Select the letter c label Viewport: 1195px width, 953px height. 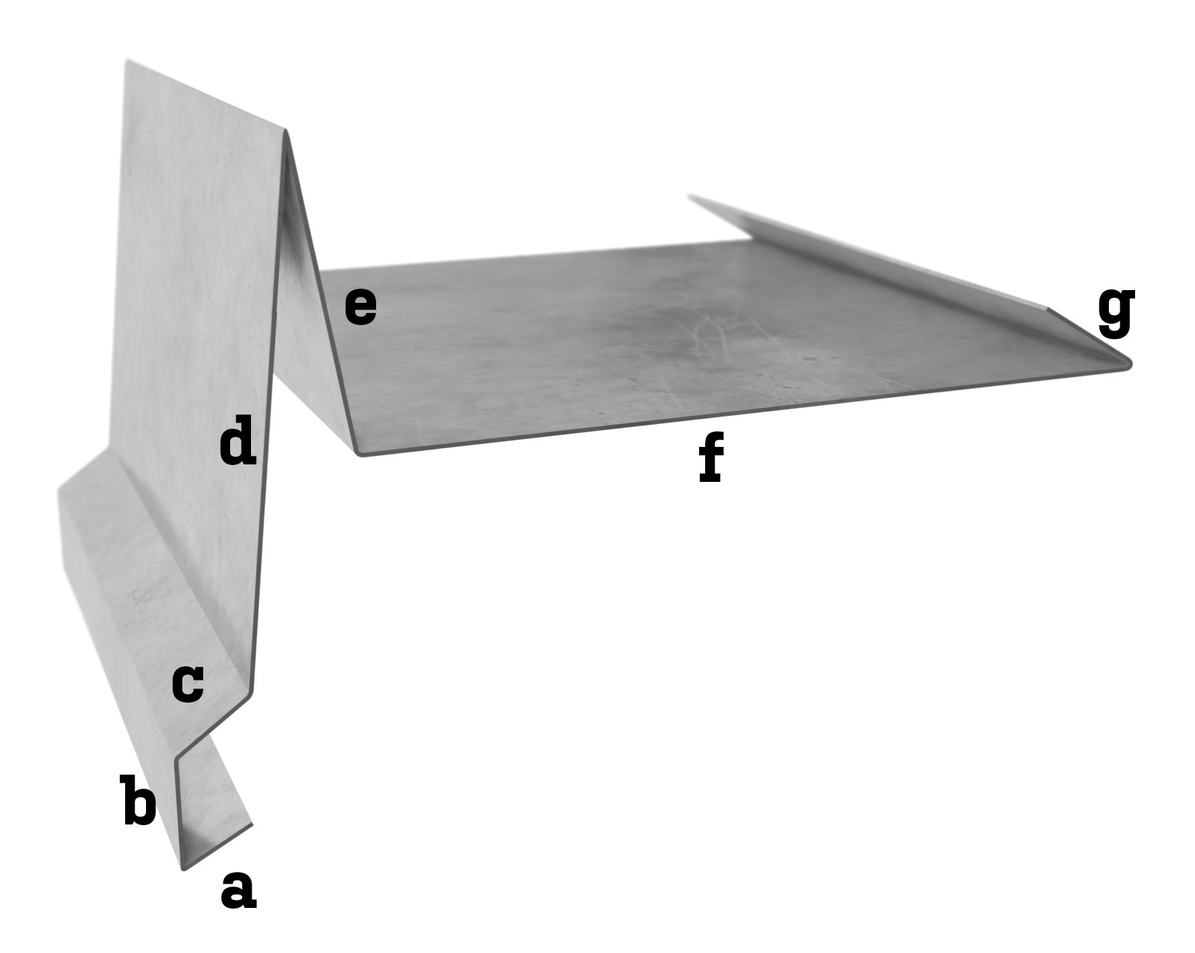coord(188,684)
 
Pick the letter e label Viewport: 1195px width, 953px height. coord(361,307)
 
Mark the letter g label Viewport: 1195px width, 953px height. coord(1116,311)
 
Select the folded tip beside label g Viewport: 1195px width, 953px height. coord(1128,364)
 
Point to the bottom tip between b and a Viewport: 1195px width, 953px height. coord(184,867)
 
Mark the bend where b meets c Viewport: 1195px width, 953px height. coord(178,760)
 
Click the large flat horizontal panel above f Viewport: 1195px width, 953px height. coord(673,337)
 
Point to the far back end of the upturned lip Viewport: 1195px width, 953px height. coord(691,197)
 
